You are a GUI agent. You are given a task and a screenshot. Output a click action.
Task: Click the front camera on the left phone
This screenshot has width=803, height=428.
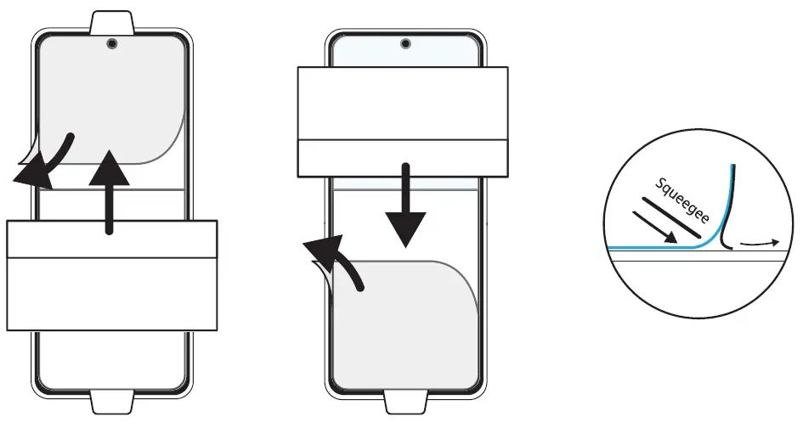pos(111,42)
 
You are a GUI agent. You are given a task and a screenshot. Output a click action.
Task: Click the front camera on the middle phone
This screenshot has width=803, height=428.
pos(404,42)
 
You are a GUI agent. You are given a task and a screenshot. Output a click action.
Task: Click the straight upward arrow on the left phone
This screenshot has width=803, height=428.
pos(110,187)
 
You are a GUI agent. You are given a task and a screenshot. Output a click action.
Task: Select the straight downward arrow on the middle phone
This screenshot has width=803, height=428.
pos(406,204)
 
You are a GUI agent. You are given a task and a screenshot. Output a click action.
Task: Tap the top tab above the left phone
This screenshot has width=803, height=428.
pos(111,20)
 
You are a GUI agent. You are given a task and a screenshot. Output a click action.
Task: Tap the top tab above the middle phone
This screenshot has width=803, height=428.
pos(404,20)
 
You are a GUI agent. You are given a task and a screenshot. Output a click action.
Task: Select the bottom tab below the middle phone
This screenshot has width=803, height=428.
pos(404,403)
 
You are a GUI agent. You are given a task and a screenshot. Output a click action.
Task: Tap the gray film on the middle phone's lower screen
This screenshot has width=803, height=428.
pos(408,323)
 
